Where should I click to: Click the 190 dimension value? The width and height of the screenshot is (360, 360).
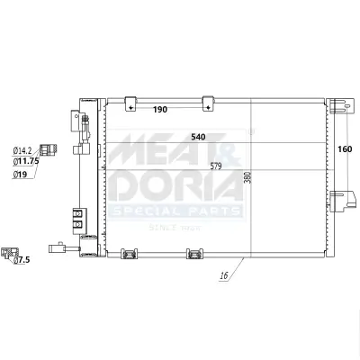pos(159,109)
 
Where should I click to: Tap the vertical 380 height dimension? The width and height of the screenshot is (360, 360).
pos(247,177)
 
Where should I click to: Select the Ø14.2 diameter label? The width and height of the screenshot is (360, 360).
pos(23,151)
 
